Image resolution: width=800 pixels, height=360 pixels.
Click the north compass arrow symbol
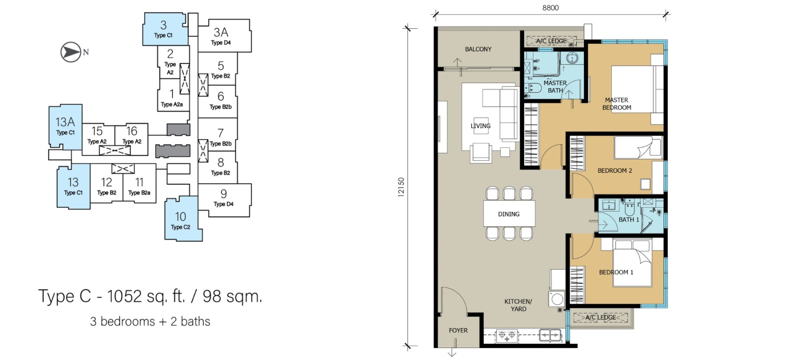coord(71,52)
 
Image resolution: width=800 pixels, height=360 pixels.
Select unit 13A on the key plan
coord(65,126)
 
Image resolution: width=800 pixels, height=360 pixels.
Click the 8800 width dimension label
coord(550,8)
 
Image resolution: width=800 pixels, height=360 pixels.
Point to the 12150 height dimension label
coord(401,187)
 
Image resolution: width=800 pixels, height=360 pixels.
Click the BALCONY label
coord(478,49)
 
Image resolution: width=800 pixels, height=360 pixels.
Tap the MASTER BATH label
coord(555,87)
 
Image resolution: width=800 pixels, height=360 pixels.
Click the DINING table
coord(509,214)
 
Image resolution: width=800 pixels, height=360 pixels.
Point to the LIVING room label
coord(480,126)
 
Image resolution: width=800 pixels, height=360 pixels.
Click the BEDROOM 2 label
coord(615,171)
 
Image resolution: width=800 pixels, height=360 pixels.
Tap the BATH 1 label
coord(629,220)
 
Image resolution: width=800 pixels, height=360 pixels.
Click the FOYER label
coord(458,331)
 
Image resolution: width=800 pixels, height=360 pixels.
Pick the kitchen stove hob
coord(507,335)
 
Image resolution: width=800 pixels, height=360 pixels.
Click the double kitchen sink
coord(550,335)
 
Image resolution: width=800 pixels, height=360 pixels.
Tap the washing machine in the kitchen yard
coord(557,299)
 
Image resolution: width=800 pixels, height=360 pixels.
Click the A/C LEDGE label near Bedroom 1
coord(600,317)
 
